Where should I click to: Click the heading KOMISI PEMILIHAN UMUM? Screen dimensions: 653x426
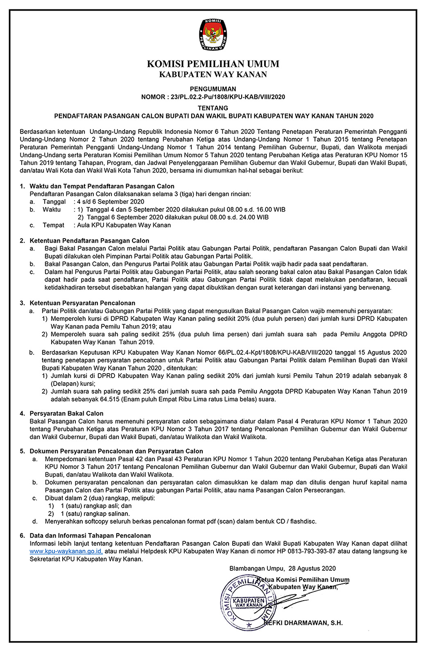(x=213, y=64)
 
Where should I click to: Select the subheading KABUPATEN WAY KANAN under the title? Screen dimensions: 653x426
(x=213, y=74)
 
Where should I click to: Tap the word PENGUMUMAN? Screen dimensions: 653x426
(x=213, y=89)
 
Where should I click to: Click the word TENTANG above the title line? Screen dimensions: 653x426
(x=213, y=108)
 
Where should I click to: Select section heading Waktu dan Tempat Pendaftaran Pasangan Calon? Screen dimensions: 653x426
(x=102, y=186)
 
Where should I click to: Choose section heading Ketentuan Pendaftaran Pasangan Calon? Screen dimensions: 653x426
(x=89, y=241)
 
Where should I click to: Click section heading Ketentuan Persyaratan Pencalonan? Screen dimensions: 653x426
(x=82, y=303)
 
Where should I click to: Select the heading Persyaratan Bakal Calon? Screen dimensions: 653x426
(x=66, y=413)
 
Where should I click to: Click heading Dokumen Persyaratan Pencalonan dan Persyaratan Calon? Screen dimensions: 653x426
(x=116, y=451)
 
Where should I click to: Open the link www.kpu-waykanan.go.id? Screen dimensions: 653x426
(x=66, y=551)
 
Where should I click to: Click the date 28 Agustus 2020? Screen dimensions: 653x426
(x=312, y=568)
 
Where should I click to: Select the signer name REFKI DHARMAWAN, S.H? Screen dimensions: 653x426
(x=303, y=623)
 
